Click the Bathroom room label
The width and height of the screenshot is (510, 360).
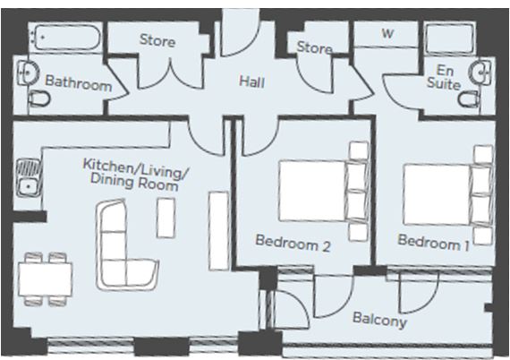[x=78, y=83]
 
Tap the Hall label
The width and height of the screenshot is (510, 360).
[x=251, y=81]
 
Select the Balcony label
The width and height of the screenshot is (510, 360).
[x=379, y=320]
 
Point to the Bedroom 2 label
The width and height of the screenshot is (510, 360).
[x=293, y=243]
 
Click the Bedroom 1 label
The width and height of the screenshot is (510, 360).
[x=433, y=243]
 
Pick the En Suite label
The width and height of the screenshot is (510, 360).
[x=444, y=77]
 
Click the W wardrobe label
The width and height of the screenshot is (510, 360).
[x=387, y=33]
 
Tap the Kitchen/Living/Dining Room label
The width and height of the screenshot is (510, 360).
[x=134, y=174]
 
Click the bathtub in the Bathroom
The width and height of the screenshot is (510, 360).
[x=64, y=38]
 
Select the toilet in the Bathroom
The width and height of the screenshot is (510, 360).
[x=39, y=99]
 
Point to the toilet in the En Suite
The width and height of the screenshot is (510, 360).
[x=468, y=99]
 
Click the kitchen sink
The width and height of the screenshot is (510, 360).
[x=29, y=177]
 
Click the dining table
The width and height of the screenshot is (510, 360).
[x=46, y=279]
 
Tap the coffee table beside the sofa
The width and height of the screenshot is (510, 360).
[x=166, y=218]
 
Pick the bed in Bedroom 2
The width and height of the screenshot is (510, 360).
[x=324, y=192]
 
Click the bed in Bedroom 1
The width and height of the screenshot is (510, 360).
[x=447, y=195]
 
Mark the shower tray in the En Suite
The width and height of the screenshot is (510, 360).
[x=449, y=39]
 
